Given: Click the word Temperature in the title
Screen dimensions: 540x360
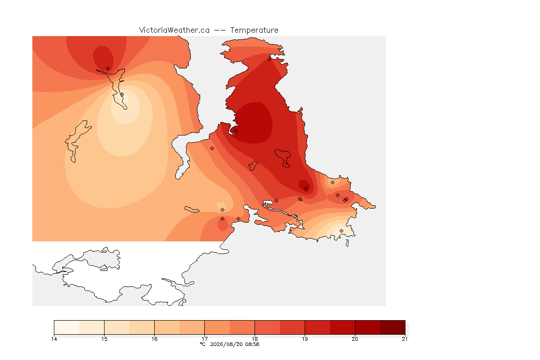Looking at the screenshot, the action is [254, 30].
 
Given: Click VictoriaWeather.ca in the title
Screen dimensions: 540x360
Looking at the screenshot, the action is [174, 30].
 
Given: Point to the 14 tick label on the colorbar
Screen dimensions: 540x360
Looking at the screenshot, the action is [54, 339].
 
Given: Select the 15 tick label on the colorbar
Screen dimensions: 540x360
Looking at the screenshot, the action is [105, 339].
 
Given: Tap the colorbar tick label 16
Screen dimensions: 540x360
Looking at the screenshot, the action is [154, 339].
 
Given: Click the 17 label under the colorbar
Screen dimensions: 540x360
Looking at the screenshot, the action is [204, 339].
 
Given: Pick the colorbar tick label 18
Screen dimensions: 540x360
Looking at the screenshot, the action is [255, 339].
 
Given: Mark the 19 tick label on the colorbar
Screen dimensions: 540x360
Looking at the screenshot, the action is [305, 339].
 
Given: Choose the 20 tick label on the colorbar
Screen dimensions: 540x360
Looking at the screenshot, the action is [355, 339].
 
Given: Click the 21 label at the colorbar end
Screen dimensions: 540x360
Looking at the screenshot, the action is [405, 339].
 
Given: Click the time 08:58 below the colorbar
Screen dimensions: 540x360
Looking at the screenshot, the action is [252, 344].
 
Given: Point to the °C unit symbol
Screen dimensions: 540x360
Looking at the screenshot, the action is [203, 344].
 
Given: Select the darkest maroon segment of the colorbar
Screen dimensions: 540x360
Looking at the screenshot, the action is [393, 327].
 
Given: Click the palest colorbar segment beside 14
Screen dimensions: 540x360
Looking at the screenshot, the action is [67, 327].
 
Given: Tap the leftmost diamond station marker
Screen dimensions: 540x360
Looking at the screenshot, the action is [108, 69].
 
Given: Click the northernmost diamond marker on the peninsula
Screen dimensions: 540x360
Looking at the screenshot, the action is [270, 59].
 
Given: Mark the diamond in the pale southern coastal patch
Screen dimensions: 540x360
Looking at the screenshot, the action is [341, 231].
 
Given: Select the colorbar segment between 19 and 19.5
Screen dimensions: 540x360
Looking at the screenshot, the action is [317, 327].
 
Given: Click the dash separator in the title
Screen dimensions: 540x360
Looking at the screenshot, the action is [220, 30].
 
